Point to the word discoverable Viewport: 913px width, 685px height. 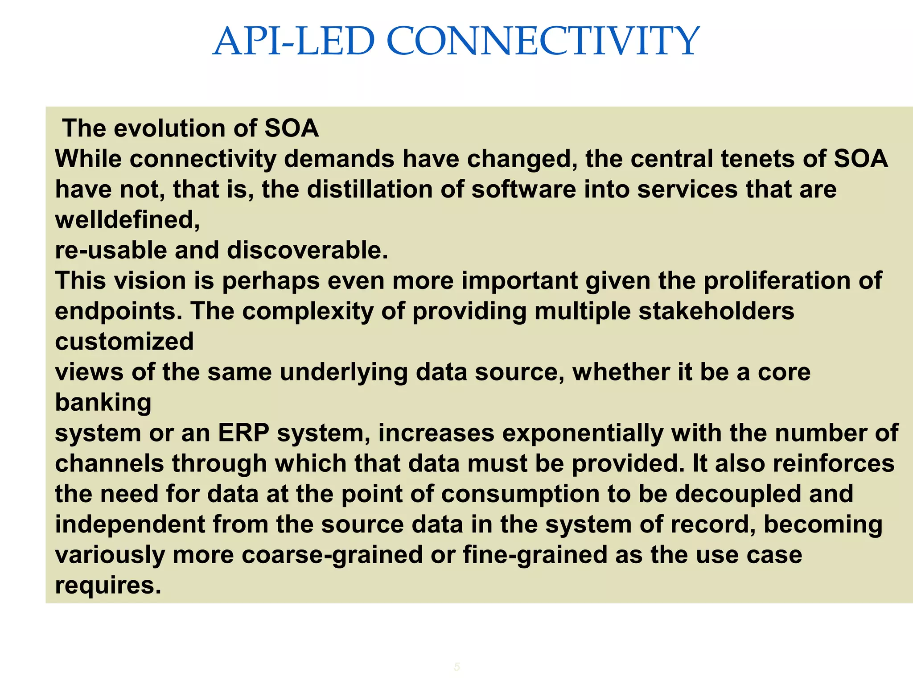click(x=307, y=251)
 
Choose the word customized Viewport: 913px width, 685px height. click(x=124, y=342)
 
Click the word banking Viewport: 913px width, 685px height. click(x=103, y=403)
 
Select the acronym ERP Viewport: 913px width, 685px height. click(x=243, y=433)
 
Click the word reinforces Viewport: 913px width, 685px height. click(x=833, y=464)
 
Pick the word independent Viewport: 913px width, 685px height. click(x=130, y=524)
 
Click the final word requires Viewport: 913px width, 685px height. click(x=107, y=586)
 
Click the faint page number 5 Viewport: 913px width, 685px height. click(x=456, y=667)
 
